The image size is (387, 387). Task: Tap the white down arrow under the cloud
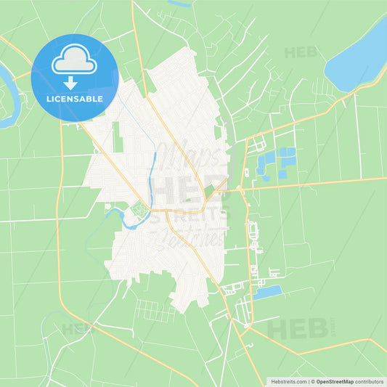pyautogui.click(x=75, y=79)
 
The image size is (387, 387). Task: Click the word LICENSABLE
pyautogui.click(x=75, y=98)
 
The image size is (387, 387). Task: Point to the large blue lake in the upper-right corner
pyautogui.click(x=357, y=54)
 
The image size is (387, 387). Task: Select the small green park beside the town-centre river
pyautogui.click(x=139, y=213)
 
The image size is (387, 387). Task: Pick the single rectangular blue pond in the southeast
pyautogui.click(x=267, y=292)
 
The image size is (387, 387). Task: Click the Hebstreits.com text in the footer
pyautogui.click(x=287, y=380)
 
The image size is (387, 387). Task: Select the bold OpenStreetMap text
pyautogui.click(x=335, y=380)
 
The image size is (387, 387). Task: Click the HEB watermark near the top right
pyautogui.click(x=301, y=52)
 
